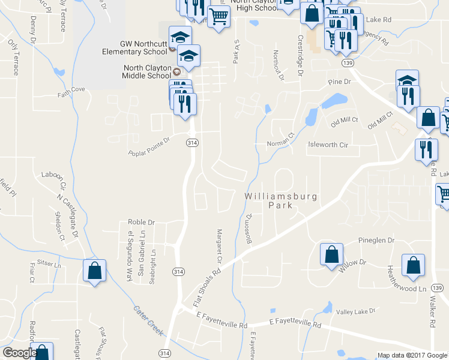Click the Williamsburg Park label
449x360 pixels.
click(x=280, y=200)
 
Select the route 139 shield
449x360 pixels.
click(x=348, y=62)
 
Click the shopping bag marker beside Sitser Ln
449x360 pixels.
click(x=95, y=271)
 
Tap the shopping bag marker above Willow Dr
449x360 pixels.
click(x=332, y=254)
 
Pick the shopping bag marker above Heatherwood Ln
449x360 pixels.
click(x=414, y=265)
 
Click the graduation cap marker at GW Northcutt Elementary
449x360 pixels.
click(x=180, y=37)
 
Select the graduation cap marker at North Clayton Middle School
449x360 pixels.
click(x=189, y=56)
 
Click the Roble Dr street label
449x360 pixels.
click(x=141, y=221)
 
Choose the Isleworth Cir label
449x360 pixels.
click(x=328, y=145)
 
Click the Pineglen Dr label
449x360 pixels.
click(x=376, y=240)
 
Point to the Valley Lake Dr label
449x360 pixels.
click(x=355, y=311)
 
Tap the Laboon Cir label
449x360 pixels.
click(x=55, y=175)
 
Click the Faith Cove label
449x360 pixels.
click(x=71, y=91)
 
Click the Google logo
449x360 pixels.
click(x=19, y=353)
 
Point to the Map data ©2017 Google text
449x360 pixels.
click(x=412, y=355)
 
